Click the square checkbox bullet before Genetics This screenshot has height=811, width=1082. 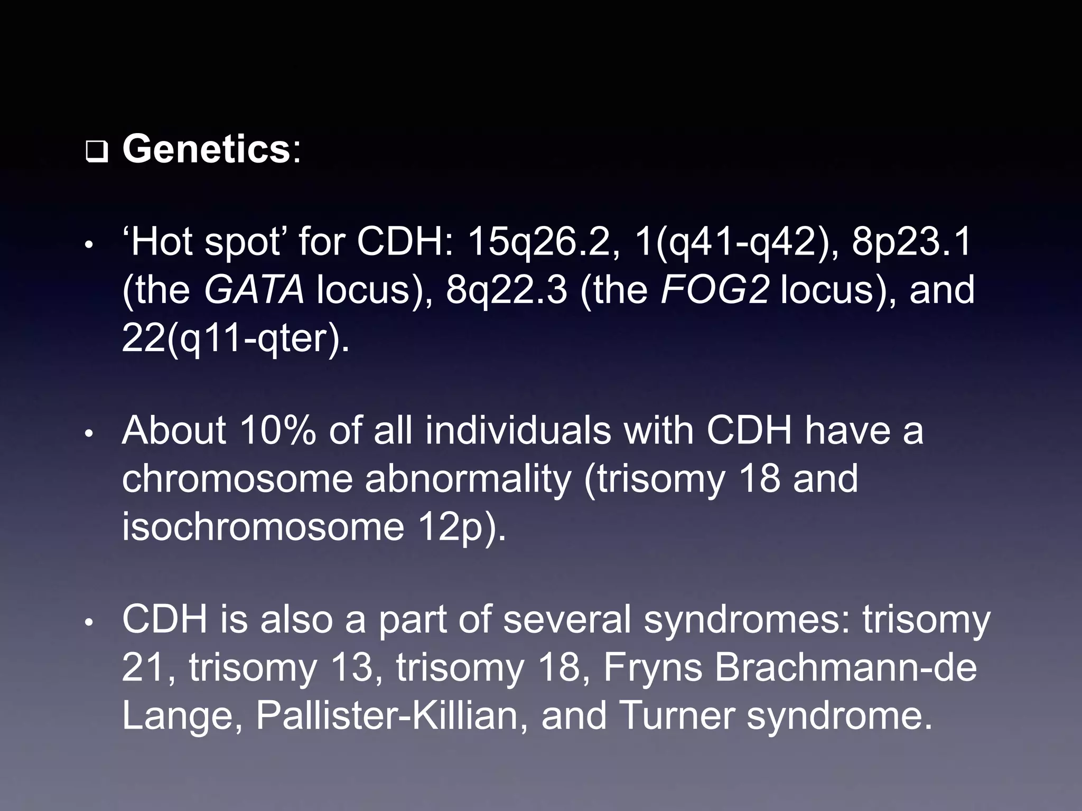[x=97, y=153]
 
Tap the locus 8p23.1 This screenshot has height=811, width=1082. [x=911, y=242]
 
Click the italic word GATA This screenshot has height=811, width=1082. [x=254, y=290]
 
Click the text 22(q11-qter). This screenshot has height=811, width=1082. [x=235, y=338]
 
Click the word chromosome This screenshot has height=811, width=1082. [x=237, y=478]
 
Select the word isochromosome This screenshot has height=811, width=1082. [x=263, y=526]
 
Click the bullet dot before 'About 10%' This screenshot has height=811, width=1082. [x=89, y=434]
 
